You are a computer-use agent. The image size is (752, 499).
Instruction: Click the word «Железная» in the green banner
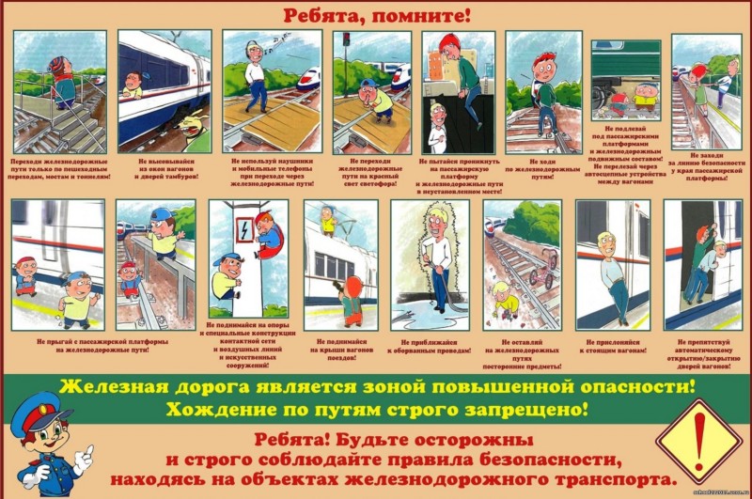115,385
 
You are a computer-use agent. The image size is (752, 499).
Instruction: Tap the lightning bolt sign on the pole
243,228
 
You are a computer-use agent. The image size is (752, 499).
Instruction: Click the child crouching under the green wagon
644,97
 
